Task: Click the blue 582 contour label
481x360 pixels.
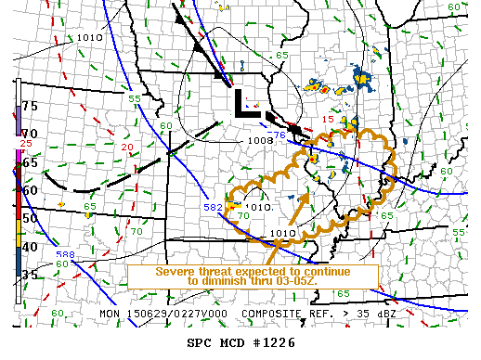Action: (x=213, y=208)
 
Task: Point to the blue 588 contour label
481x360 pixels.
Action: (x=65, y=254)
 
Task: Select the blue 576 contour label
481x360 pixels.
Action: (x=278, y=136)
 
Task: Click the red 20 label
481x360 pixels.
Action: (x=126, y=148)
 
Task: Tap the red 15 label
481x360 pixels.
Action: (x=327, y=120)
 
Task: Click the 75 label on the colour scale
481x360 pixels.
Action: (x=29, y=106)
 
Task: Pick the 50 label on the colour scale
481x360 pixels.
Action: (x=29, y=218)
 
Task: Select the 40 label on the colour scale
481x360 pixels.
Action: (x=29, y=246)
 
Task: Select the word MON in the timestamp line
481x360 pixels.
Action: (x=110, y=315)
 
